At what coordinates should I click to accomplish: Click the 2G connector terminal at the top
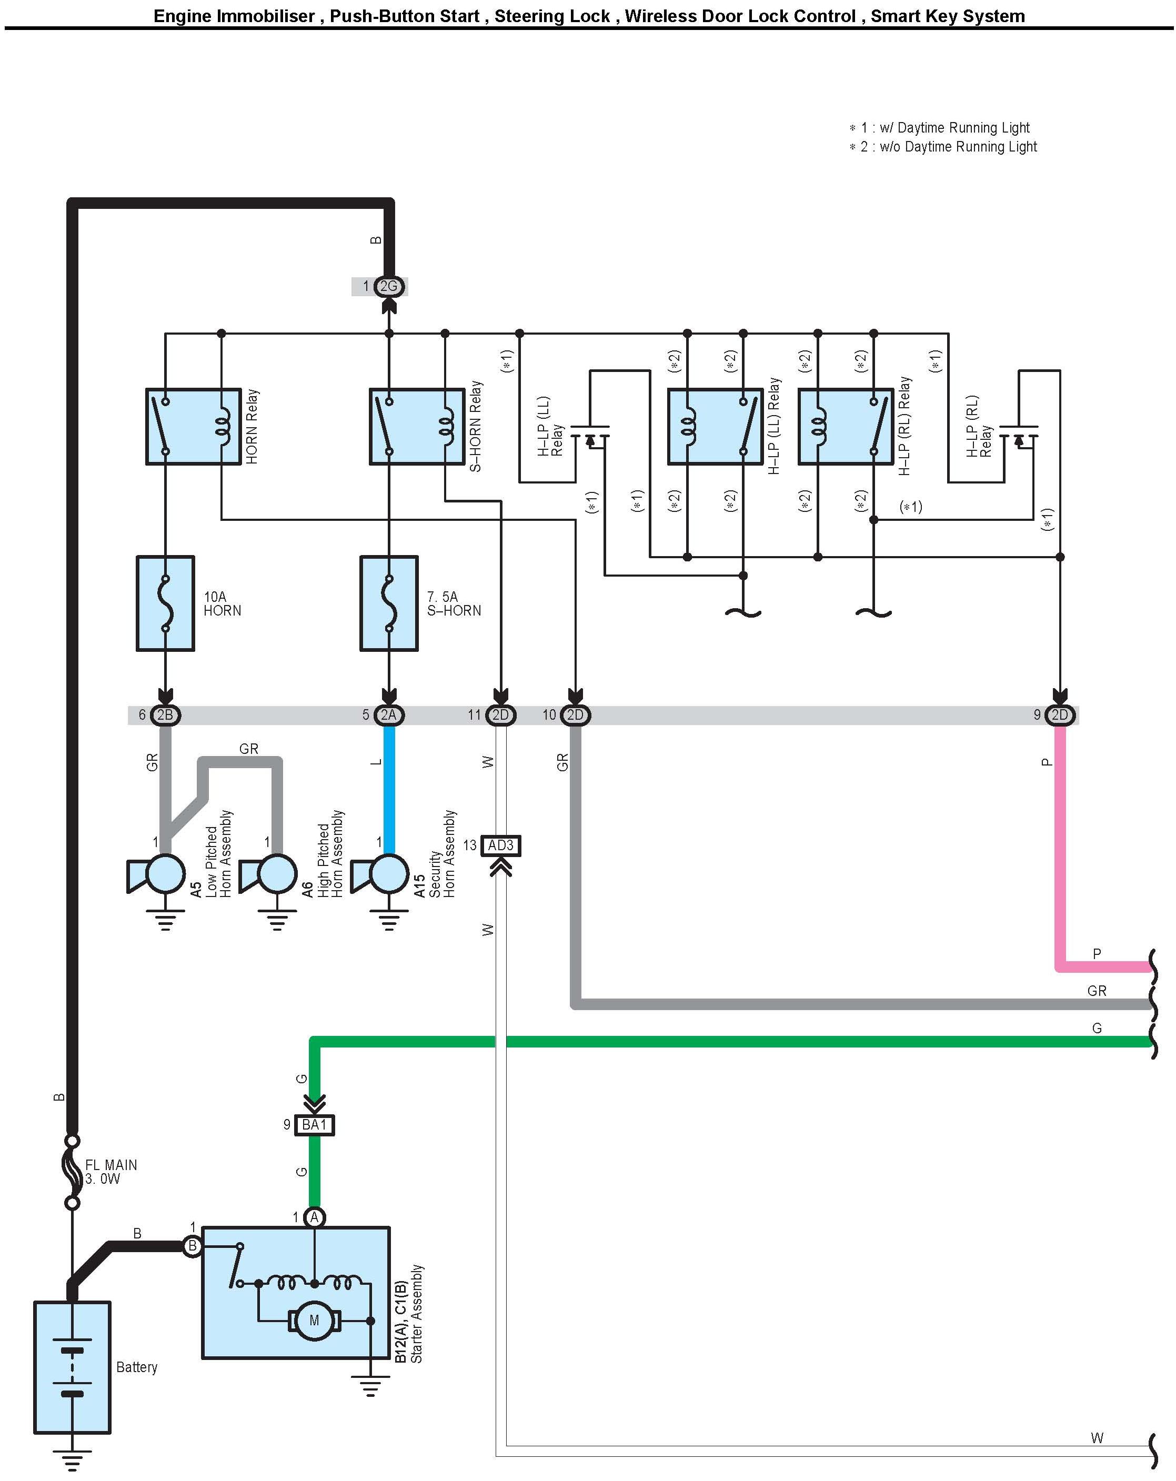[388, 286]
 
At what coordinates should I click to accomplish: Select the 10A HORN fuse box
[166, 603]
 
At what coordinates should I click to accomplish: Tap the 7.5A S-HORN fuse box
[389, 603]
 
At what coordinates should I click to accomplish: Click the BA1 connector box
[314, 1124]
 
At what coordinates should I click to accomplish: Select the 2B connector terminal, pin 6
[165, 715]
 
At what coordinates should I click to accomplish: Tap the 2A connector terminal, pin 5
[389, 715]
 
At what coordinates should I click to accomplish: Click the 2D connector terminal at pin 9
[1059, 715]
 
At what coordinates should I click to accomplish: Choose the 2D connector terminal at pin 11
[500, 715]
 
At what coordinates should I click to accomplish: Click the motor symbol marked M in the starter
[314, 1319]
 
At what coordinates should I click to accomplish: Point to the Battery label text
[137, 1367]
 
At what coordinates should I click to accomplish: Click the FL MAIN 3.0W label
[110, 1172]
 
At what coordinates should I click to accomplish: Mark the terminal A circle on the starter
[314, 1218]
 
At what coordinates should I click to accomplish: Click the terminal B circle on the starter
[193, 1246]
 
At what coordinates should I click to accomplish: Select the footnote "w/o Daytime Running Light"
[948, 147]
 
